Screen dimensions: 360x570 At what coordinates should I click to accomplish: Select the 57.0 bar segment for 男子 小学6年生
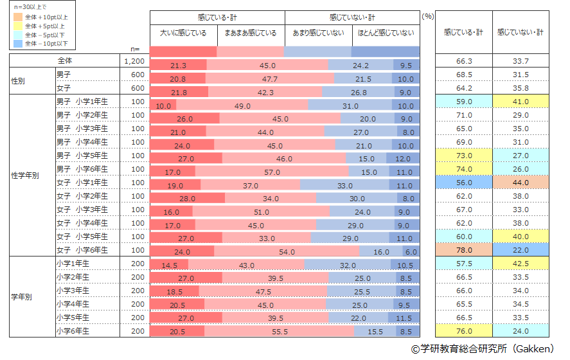point(272,172)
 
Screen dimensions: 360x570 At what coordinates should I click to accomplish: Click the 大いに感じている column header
point(183,33)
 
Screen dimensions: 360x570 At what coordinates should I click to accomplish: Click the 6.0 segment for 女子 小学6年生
point(411,251)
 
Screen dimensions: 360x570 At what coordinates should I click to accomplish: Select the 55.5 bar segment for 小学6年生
point(280,332)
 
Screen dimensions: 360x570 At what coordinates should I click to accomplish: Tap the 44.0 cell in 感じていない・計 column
point(521,183)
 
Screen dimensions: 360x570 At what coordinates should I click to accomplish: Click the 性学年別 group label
point(25,175)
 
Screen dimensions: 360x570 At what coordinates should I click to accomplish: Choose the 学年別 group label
point(21,298)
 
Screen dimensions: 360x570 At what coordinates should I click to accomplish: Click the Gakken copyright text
point(483,349)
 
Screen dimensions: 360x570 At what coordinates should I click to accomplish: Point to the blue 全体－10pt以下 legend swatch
point(17,44)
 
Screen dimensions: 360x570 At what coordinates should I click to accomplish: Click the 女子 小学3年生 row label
point(82,210)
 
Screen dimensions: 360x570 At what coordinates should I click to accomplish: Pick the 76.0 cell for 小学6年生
point(463,331)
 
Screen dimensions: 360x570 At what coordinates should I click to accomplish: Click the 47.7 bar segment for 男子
point(270,79)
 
